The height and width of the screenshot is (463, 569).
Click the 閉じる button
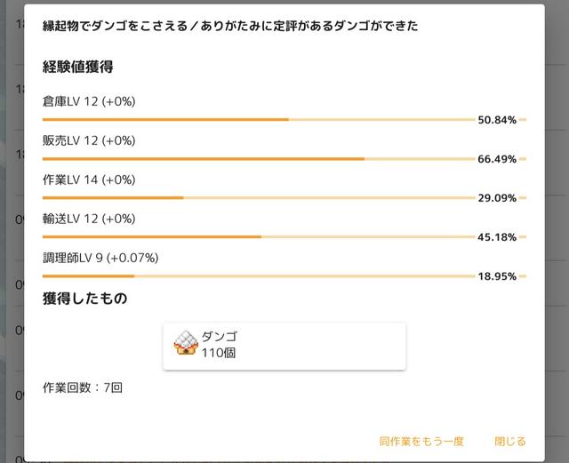(x=509, y=441)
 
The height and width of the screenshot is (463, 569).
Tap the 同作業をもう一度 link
(x=421, y=441)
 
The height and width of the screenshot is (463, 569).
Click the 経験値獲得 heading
(x=77, y=67)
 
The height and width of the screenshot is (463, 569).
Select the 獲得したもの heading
(x=84, y=299)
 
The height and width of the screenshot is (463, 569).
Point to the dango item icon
(x=185, y=342)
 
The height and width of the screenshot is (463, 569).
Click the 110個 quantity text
(x=219, y=353)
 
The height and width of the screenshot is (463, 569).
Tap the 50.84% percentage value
(x=497, y=120)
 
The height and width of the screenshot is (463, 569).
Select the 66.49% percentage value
(x=497, y=159)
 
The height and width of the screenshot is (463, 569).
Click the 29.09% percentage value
(x=497, y=198)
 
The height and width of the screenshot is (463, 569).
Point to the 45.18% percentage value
(x=497, y=237)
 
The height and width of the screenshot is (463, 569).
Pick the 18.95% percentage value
(x=497, y=276)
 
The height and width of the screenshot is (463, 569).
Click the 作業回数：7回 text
(x=82, y=388)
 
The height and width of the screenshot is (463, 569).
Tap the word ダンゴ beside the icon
(x=220, y=337)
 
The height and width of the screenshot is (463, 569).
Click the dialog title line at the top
(x=230, y=27)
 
